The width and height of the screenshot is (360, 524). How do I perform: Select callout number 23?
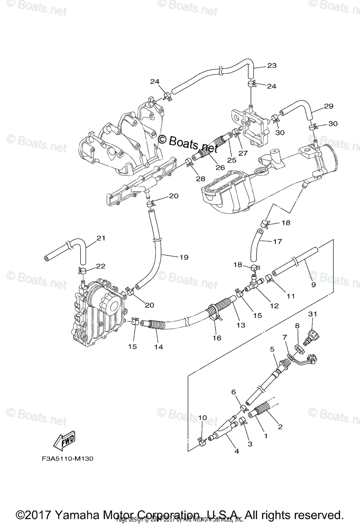coord(272,66)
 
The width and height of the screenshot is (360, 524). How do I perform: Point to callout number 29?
coord(329,106)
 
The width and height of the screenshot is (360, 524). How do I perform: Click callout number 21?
coord(101,238)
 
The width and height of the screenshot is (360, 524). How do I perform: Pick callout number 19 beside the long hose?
coord(183,257)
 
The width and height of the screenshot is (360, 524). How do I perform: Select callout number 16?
coord(216,338)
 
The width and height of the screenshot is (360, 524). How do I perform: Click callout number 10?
coord(202,418)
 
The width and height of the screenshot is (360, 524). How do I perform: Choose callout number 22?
coord(101,266)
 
